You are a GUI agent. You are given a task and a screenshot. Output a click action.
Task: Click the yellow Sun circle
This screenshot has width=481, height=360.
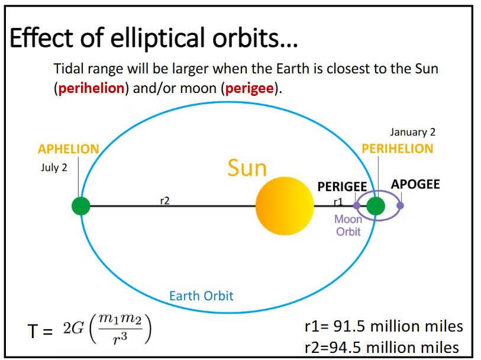(285, 206)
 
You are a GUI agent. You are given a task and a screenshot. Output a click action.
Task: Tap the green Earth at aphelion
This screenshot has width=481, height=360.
(81, 206)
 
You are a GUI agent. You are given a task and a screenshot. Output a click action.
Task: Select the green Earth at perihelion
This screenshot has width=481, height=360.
(376, 206)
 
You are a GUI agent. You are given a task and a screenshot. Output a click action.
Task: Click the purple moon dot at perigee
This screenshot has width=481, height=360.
(357, 205)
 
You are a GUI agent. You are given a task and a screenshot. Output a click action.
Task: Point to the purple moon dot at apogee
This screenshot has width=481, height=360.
(401, 205)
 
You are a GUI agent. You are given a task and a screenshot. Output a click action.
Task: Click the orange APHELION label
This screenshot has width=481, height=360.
(69, 149)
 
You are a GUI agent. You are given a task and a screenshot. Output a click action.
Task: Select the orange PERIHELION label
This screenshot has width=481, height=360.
(398, 149)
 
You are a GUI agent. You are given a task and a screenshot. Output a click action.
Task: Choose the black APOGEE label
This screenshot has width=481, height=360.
(415, 184)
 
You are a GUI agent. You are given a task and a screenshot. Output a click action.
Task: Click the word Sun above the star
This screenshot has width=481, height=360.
(247, 168)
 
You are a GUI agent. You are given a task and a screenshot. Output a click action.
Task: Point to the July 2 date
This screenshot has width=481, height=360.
(54, 168)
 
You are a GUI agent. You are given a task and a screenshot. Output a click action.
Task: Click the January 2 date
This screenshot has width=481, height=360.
(412, 133)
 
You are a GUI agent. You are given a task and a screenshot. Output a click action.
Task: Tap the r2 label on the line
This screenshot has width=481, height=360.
(165, 201)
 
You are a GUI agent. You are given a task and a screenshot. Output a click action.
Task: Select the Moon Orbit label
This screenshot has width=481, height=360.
(348, 225)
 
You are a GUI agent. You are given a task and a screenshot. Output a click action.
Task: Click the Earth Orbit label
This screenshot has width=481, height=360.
(201, 295)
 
